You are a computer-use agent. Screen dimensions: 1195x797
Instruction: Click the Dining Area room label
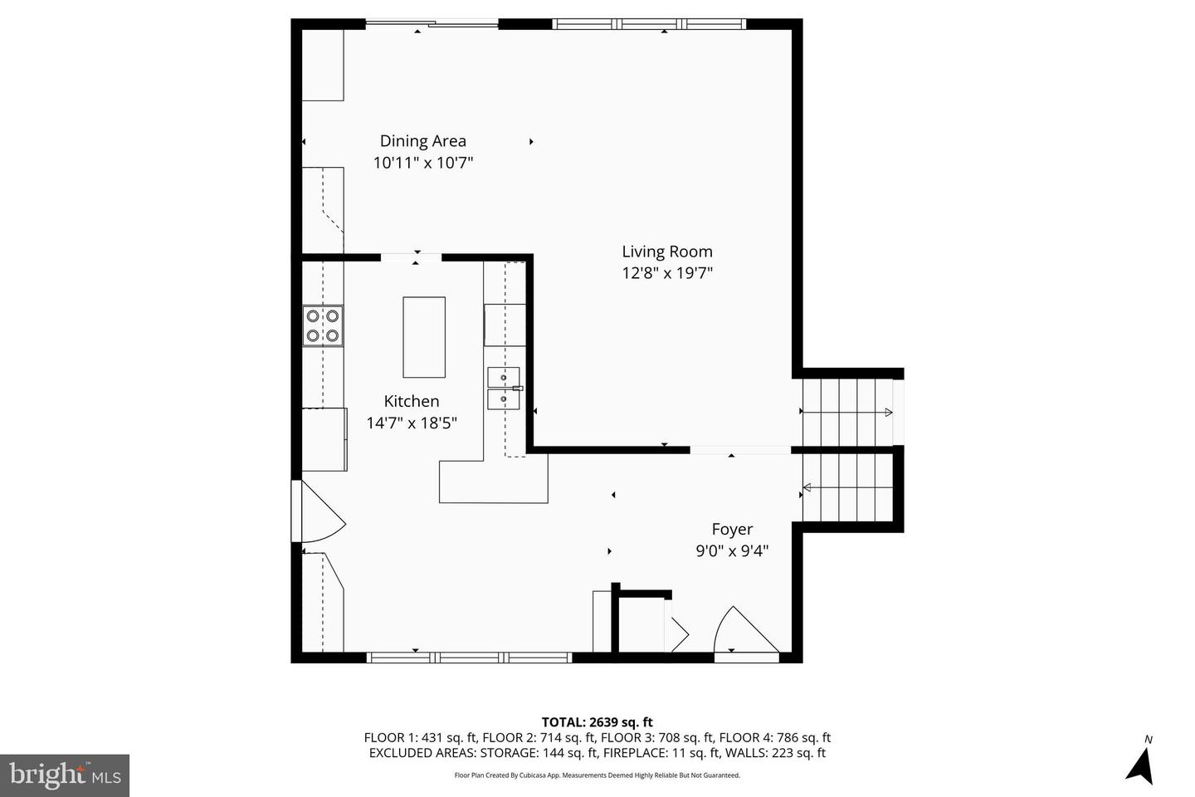point(423,141)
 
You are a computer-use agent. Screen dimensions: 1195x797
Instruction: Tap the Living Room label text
point(667,252)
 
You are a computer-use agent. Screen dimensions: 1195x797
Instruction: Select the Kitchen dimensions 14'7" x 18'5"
point(412,423)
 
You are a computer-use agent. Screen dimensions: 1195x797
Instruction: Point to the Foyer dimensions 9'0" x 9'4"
point(732,550)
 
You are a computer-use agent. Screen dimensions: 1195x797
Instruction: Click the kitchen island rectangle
point(424,337)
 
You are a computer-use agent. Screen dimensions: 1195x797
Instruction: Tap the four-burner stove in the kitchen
point(323,325)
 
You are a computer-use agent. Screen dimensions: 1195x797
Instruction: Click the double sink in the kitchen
point(504,388)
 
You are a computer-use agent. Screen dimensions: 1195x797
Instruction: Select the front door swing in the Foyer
point(746,631)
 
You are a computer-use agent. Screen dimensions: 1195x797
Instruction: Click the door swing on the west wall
point(319,511)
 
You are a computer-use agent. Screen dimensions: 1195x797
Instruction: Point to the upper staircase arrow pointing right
point(847,412)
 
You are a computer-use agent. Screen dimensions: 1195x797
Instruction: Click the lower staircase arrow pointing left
point(847,487)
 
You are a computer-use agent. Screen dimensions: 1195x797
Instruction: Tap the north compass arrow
point(1140,766)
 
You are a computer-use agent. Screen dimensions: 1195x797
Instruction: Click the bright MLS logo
point(65,775)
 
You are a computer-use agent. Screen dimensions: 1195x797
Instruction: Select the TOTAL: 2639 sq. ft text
point(597,722)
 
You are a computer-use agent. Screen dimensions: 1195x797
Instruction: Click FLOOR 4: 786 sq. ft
point(774,738)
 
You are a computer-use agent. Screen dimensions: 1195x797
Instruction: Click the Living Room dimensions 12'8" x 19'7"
point(667,273)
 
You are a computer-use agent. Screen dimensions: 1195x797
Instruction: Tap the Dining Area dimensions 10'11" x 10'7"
point(423,162)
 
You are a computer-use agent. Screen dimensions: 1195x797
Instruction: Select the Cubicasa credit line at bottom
point(597,775)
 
